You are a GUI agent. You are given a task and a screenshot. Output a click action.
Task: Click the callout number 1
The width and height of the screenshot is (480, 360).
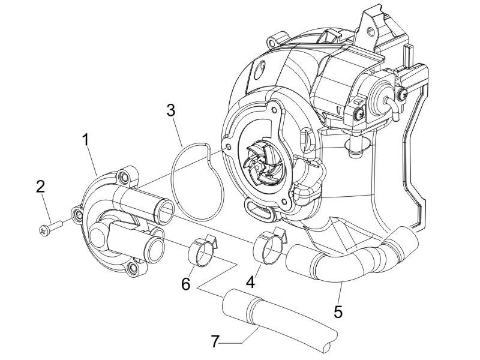(x=86, y=140)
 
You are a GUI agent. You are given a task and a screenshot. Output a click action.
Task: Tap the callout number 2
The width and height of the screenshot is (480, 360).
(x=41, y=186)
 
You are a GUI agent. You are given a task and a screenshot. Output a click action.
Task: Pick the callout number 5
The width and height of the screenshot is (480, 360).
(x=339, y=311)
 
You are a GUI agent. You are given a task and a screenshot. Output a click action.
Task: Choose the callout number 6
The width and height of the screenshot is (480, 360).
(x=186, y=283)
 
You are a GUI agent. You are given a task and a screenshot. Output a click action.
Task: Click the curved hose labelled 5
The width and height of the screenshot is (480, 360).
(x=348, y=258)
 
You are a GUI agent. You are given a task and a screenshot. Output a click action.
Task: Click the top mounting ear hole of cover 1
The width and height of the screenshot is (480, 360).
(x=124, y=178)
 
